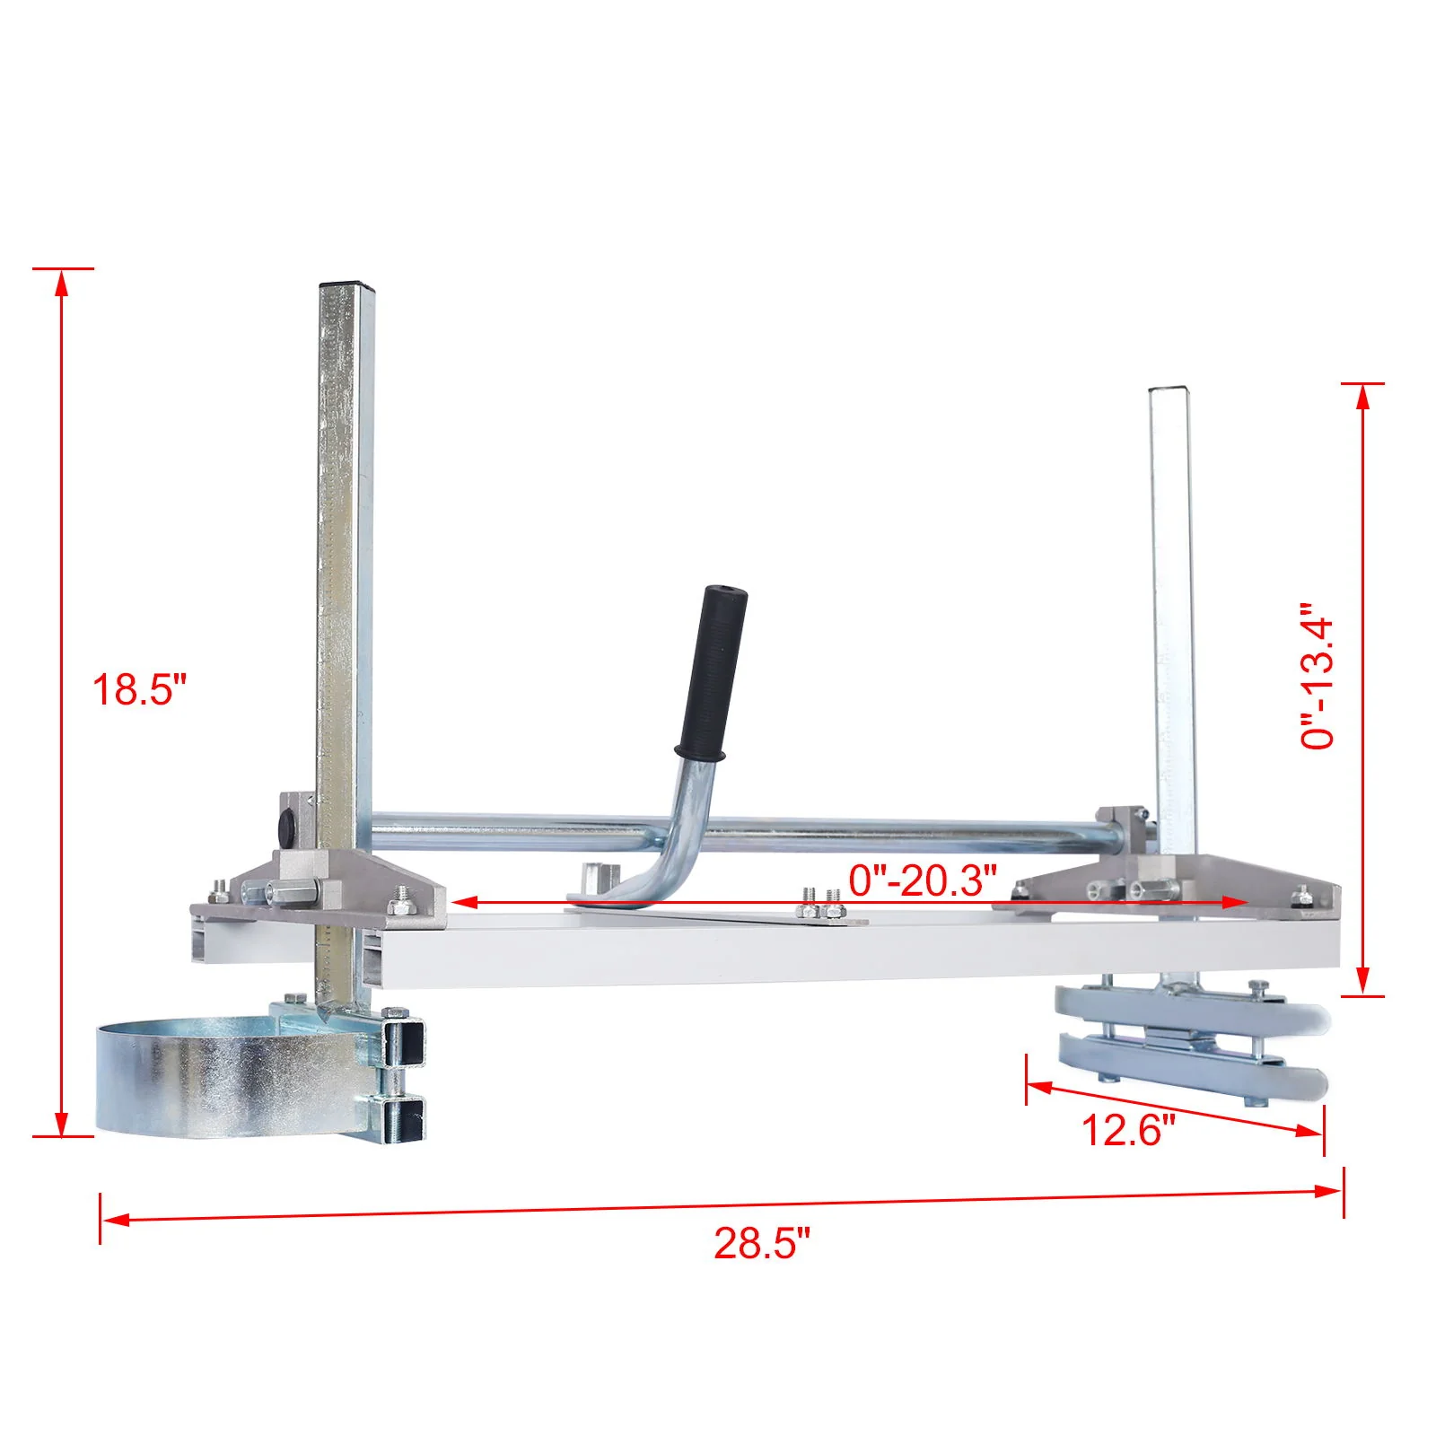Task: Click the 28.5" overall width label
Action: pos(762,1244)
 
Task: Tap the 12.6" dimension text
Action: pos(1127,1129)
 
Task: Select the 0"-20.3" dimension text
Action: pos(923,880)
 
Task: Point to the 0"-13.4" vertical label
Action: pos(1318,675)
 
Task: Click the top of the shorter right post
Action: pos(1169,390)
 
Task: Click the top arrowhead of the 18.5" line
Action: pos(61,280)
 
